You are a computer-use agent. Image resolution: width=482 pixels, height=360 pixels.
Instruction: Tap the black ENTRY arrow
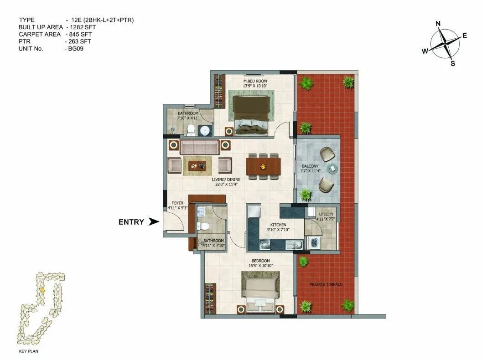[x=154, y=222]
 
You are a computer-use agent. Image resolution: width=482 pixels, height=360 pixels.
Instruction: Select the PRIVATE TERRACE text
[x=326, y=284]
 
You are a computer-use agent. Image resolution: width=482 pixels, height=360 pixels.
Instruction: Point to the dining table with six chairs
[x=263, y=166]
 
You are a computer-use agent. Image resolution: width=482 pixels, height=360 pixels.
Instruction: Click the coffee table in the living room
[x=197, y=166]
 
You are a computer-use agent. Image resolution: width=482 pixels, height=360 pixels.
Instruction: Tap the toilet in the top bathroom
[x=191, y=130]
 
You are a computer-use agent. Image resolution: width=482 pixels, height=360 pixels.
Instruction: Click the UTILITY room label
[x=326, y=214]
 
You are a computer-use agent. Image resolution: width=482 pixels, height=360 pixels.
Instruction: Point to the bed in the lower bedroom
[x=260, y=293]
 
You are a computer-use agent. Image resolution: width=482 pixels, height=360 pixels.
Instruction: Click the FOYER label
[x=177, y=203]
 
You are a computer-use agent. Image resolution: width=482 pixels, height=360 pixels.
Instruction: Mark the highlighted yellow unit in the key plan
[x=43, y=289]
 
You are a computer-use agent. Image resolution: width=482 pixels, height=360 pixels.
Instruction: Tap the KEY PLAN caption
[x=29, y=352]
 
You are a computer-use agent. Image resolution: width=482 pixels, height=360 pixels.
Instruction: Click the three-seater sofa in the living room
[x=199, y=147]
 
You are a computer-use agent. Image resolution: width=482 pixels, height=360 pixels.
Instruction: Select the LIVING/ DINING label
[x=226, y=180]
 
